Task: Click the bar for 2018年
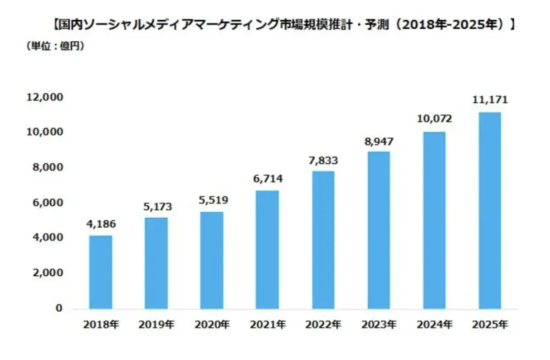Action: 100,272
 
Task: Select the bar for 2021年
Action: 267,250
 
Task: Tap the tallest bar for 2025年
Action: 489,210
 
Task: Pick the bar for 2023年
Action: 379,230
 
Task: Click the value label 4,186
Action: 100,223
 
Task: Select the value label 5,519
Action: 212,200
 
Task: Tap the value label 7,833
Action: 323,159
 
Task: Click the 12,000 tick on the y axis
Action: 45,98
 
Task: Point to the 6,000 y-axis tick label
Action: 48,203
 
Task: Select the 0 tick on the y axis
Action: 59,308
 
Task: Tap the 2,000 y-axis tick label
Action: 48,273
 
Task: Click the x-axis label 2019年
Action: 156,324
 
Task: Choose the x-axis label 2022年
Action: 323,324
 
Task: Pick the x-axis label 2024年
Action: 434,324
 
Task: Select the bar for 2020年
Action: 212,260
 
